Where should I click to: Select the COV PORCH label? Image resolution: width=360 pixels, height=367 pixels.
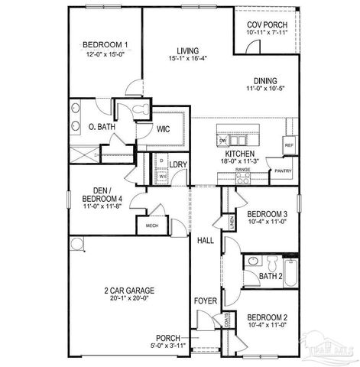click(x=266, y=23)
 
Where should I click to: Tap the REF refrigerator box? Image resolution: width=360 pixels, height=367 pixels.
click(x=290, y=144)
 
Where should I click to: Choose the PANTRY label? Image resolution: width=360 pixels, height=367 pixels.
click(x=283, y=171)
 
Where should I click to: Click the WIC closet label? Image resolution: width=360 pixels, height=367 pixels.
click(x=163, y=129)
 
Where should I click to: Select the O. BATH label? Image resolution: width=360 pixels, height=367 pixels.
click(x=101, y=127)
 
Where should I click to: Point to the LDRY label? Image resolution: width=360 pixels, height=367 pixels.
click(x=178, y=164)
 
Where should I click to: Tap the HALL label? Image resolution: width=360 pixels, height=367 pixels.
click(x=206, y=241)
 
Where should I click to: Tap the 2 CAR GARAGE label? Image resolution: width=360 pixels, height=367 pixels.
click(x=130, y=291)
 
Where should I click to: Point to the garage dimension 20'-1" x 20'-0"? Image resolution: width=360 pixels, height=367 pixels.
click(x=130, y=299)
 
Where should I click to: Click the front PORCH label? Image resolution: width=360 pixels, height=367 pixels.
click(x=167, y=337)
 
